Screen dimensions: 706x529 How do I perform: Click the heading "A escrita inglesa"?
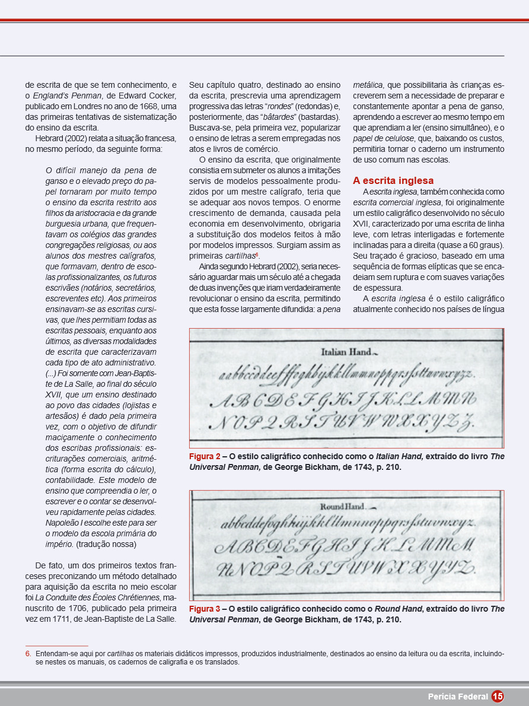(393, 180)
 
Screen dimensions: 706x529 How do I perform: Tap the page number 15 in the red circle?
(498, 697)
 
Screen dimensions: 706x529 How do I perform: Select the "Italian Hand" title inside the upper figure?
(345, 352)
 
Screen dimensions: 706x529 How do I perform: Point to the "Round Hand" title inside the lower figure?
(343, 507)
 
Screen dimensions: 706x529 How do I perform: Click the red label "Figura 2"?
(205, 457)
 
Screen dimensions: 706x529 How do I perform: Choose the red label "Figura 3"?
(205, 609)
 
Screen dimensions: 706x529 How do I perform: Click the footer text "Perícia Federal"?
(458, 697)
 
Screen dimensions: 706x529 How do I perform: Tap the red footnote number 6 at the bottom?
(28, 654)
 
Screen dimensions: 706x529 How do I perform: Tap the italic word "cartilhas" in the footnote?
(120, 654)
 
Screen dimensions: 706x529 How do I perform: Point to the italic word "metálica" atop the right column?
(368, 85)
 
